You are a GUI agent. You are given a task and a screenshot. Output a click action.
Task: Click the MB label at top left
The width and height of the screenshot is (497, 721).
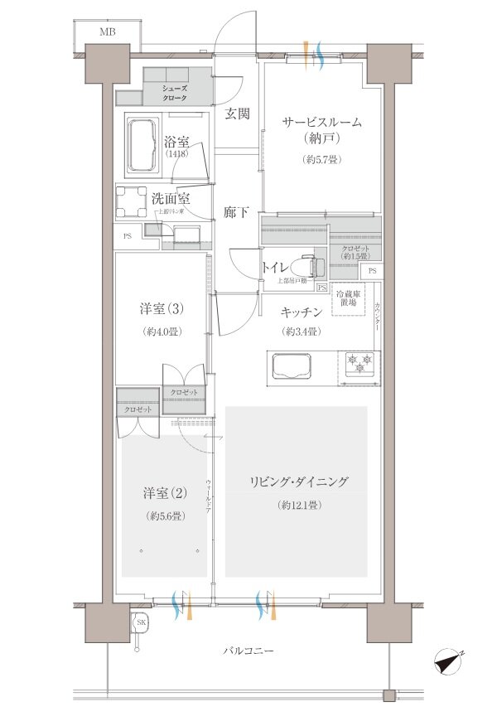pos(108,32)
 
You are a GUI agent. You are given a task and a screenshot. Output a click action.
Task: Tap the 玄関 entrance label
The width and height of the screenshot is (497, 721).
pos(238,114)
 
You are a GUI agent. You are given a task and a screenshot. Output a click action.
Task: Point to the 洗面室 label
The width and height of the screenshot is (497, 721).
pos(171,199)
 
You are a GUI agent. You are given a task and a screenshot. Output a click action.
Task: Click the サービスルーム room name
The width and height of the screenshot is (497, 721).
pos(322,122)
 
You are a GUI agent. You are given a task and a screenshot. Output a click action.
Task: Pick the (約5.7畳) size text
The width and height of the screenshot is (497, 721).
pos(322,159)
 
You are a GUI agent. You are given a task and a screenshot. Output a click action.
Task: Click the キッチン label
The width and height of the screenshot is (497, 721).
pos(301,312)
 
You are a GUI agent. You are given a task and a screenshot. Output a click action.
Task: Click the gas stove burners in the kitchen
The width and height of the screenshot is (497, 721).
pos(360,362)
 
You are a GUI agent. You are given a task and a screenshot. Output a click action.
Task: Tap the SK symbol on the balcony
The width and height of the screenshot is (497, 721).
pos(141,622)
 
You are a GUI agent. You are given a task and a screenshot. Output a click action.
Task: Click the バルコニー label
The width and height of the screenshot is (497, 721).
pos(248,652)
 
